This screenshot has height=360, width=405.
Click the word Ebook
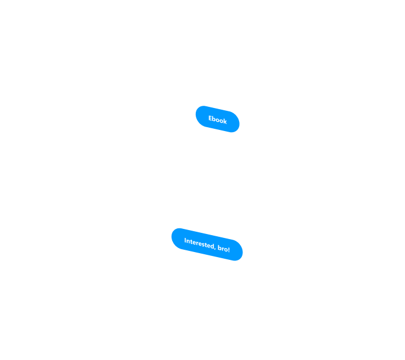pyautogui.click(x=218, y=120)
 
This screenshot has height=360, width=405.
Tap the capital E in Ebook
pyautogui.click(x=210, y=118)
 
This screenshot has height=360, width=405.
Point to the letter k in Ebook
pyautogui.click(x=225, y=121)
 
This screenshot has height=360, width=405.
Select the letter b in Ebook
pyautogui.click(x=214, y=119)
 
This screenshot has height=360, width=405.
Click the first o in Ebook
pyautogui.click(x=218, y=120)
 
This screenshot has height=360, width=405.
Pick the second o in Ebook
pyautogui.click(x=222, y=121)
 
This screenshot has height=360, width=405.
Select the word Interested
pyautogui.click(x=199, y=244)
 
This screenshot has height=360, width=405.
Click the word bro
pyautogui.click(x=223, y=248)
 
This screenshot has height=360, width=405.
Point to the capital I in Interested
pyautogui.click(x=185, y=240)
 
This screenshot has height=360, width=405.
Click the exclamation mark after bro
pyautogui.click(x=229, y=249)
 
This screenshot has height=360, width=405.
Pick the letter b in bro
pyautogui.click(x=219, y=247)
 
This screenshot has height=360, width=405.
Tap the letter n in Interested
pyautogui.click(x=188, y=241)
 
